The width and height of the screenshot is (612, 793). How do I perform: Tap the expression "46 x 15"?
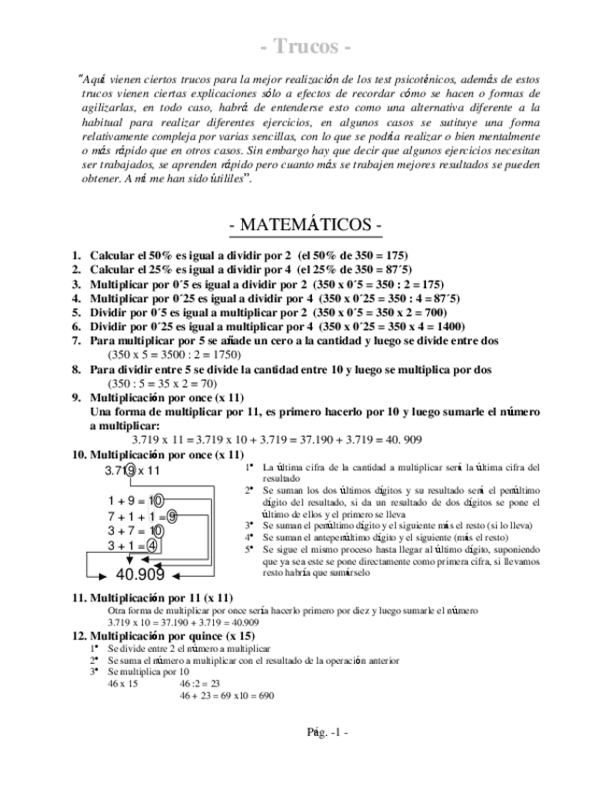[x=123, y=684]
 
